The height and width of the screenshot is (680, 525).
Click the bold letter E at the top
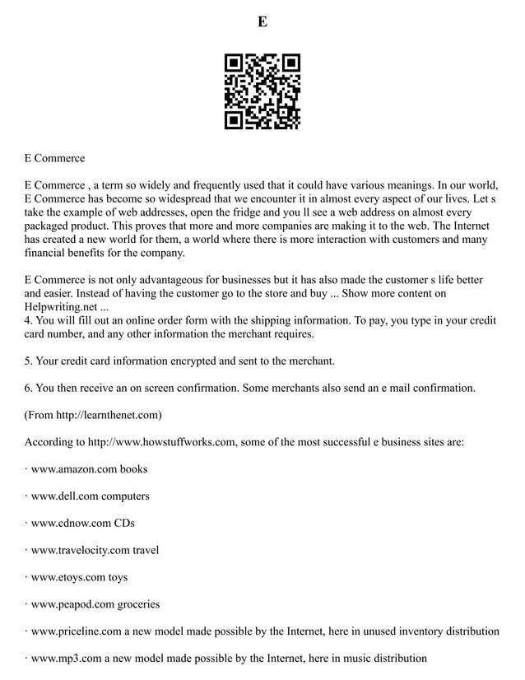pos(262,22)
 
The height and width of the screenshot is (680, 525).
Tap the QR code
pos(262,91)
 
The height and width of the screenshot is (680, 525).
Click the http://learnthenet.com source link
pos(107,415)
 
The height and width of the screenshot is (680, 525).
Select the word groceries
pos(138,604)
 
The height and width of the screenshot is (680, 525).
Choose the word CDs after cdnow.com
pos(124,523)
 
